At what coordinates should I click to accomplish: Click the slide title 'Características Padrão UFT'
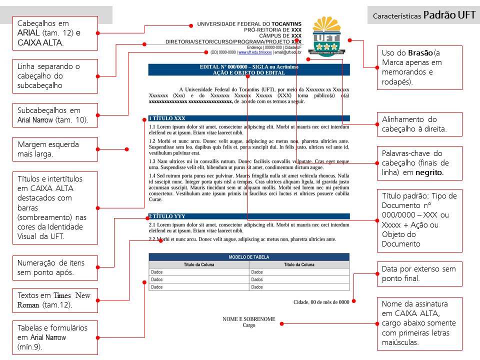pyautogui.click(x=423, y=15)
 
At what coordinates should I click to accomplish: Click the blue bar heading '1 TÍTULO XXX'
pyautogui.click(x=248, y=118)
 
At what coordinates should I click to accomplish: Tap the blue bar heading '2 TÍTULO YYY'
pyautogui.click(x=248, y=216)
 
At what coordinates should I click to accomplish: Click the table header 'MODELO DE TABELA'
pyautogui.click(x=248, y=257)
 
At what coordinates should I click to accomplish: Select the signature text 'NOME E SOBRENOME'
pyautogui.click(x=248, y=319)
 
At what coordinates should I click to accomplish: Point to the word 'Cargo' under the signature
pyautogui.click(x=248, y=325)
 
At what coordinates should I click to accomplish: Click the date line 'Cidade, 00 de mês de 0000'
pyautogui.click(x=321, y=302)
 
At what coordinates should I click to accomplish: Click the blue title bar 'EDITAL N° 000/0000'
pyautogui.click(x=248, y=69)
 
